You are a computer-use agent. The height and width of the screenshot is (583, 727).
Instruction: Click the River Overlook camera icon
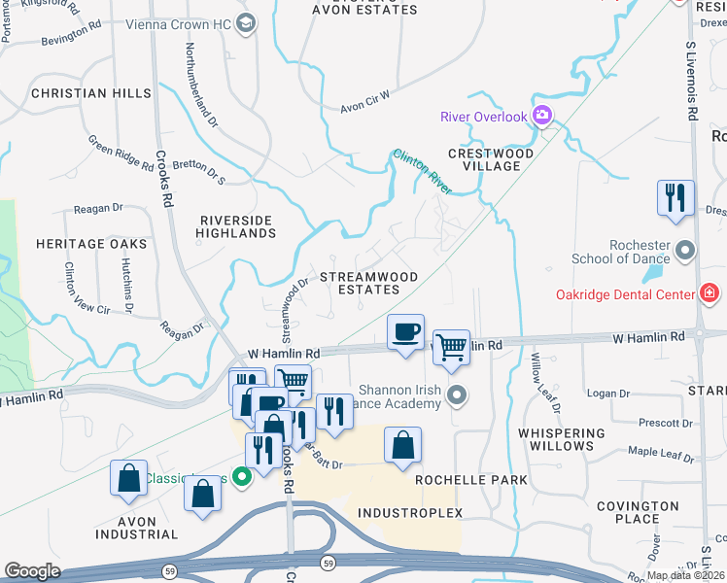(x=542, y=117)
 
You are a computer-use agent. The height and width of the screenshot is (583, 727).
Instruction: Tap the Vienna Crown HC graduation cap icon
(x=246, y=21)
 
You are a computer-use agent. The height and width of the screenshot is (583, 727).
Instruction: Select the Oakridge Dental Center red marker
(x=710, y=293)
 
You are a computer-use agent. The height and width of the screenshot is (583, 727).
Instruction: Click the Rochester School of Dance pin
(x=686, y=252)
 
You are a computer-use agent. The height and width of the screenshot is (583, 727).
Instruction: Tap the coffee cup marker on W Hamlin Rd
(x=405, y=332)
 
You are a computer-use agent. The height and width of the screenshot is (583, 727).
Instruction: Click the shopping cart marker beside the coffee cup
(x=451, y=346)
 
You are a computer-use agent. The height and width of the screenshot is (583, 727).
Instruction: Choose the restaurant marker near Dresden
(x=675, y=197)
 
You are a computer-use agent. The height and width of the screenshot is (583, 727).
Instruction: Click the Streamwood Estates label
(x=368, y=283)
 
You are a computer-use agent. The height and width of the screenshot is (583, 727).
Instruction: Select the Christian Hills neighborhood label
(x=91, y=93)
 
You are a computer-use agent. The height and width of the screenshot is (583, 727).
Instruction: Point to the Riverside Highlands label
(x=237, y=227)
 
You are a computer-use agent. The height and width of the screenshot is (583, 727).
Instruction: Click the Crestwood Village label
(x=491, y=159)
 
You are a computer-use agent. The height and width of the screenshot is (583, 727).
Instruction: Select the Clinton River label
(x=422, y=171)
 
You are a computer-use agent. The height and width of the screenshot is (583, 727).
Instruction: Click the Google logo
(x=32, y=571)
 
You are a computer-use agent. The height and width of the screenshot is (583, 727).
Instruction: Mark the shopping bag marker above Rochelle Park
(x=402, y=445)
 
